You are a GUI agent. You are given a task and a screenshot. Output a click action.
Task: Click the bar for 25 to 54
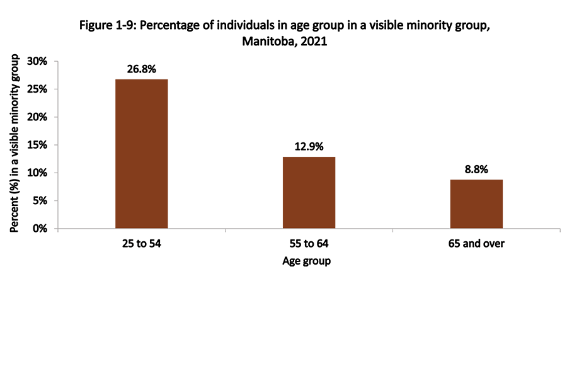click(x=142, y=154)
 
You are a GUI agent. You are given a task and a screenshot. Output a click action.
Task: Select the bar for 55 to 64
click(x=309, y=192)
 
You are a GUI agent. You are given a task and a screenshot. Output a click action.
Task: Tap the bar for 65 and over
click(x=476, y=203)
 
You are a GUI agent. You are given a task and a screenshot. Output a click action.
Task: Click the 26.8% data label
click(x=142, y=68)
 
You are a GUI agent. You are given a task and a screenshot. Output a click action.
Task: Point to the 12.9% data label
click(x=309, y=146)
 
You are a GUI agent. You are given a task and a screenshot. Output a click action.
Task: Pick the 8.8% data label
click(x=476, y=169)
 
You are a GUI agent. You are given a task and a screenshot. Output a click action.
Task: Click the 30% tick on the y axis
click(x=38, y=61)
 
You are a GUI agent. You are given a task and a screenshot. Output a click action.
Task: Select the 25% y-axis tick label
click(x=38, y=89)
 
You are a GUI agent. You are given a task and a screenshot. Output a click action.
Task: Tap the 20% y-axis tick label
click(x=38, y=117)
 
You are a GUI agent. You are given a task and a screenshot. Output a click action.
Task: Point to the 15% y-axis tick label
click(x=38, y=145)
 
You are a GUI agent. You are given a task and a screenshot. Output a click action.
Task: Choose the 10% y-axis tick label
click(x=38, y=173)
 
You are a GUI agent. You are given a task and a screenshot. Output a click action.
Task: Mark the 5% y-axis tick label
click(x=40, y=201)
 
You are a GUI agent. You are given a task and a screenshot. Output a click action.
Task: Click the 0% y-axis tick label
click(x=40, y=229)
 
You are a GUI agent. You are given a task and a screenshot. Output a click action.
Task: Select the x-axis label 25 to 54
click(x=142, y=244)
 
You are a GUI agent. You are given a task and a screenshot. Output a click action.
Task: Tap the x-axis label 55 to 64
click(x=309, y=244)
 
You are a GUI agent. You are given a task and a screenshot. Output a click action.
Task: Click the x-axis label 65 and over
click(x=476, y=244)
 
